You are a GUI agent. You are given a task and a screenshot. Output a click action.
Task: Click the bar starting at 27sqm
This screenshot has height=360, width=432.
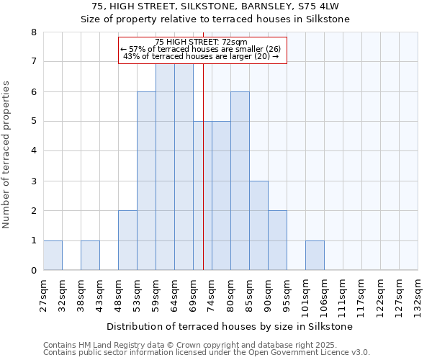[x=53, y=256]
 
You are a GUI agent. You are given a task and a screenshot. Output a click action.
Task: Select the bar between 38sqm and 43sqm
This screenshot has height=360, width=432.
[x=90, y=256]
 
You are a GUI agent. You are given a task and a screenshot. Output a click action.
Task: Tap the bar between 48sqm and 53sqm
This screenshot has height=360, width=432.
[x=127, y=240]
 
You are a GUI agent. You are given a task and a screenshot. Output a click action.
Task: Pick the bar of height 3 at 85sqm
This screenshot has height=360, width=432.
[x=258, y=225]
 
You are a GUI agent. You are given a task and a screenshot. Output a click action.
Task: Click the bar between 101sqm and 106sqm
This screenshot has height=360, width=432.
[x=315, y=256]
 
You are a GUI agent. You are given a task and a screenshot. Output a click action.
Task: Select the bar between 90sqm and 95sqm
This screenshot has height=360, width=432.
[x=277, y=240]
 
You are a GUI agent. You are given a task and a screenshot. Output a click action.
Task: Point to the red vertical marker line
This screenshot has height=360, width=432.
[x=204, y=180]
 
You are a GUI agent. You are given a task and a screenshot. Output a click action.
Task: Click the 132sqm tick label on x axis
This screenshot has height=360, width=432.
[x=418, y=294]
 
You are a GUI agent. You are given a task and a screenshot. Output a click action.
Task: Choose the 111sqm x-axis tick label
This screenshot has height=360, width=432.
[x=343, y=294]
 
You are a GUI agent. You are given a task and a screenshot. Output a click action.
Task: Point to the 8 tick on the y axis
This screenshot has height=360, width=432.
[x=33, y=32]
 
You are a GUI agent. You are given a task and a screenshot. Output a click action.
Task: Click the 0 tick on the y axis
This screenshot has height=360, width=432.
[x=33, y=271]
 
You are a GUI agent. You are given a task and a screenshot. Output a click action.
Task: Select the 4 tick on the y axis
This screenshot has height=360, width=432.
[x=33, y=151]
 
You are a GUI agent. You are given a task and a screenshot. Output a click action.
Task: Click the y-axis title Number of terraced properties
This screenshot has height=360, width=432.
[x=7, y=154]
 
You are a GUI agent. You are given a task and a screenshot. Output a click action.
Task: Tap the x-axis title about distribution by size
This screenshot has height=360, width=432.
[x=230, y=326]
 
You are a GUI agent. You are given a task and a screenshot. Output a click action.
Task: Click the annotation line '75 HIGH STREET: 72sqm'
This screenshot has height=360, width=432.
[x=202, y=42]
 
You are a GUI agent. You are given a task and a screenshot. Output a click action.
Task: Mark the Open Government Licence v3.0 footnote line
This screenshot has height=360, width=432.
[x=206, y=353]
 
